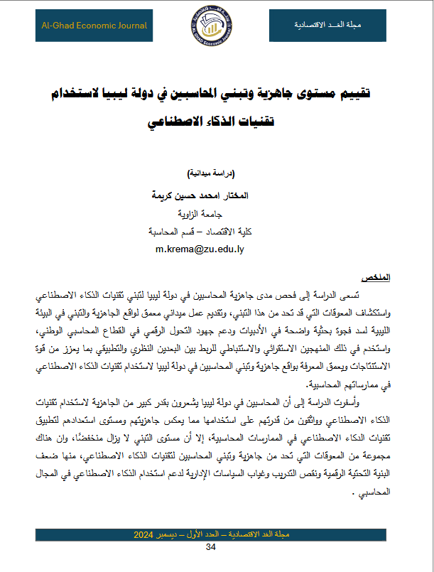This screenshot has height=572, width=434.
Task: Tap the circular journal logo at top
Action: [217, 28]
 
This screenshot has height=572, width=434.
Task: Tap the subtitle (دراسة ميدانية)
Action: [214, 174]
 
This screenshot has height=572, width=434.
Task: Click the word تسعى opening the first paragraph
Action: [371, 293]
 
